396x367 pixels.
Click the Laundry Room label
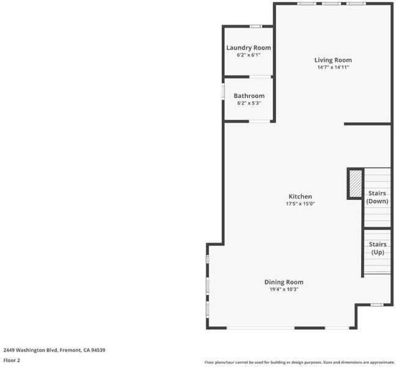click(x=249, y=48)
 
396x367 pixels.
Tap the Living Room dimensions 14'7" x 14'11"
click(x=333, y=67)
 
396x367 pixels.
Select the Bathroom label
click(x=249, y=96)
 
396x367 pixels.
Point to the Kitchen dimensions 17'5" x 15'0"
click(x=300, y=204)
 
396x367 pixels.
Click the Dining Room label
click(x=284, y=282)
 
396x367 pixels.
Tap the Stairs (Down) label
click(x=377, y=197)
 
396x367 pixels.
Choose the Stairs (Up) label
click(x=378, y=248)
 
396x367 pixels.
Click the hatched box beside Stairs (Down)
click(x=356, y=183)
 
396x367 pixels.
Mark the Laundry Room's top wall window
click(x=256, y=26)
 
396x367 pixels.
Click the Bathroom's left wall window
click(x=223, y=92)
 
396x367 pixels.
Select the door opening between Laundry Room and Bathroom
click(x=260, y=76)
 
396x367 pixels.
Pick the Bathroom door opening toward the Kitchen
click(x=260, y=121)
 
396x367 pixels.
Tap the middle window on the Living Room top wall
click(x=331, y=4)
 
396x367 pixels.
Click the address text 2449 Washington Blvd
click(x=31, y=350)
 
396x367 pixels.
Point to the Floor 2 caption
click(x=12, y=360)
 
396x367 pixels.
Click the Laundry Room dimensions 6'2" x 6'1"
click(x=249, y=55)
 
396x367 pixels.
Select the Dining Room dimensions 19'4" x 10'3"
click(x=284, y=289)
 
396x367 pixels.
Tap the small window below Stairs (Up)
click(x=377, y=305)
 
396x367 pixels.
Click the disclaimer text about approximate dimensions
click(x=299, y=363)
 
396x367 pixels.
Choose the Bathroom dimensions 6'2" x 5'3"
click(x=249, y=103)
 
